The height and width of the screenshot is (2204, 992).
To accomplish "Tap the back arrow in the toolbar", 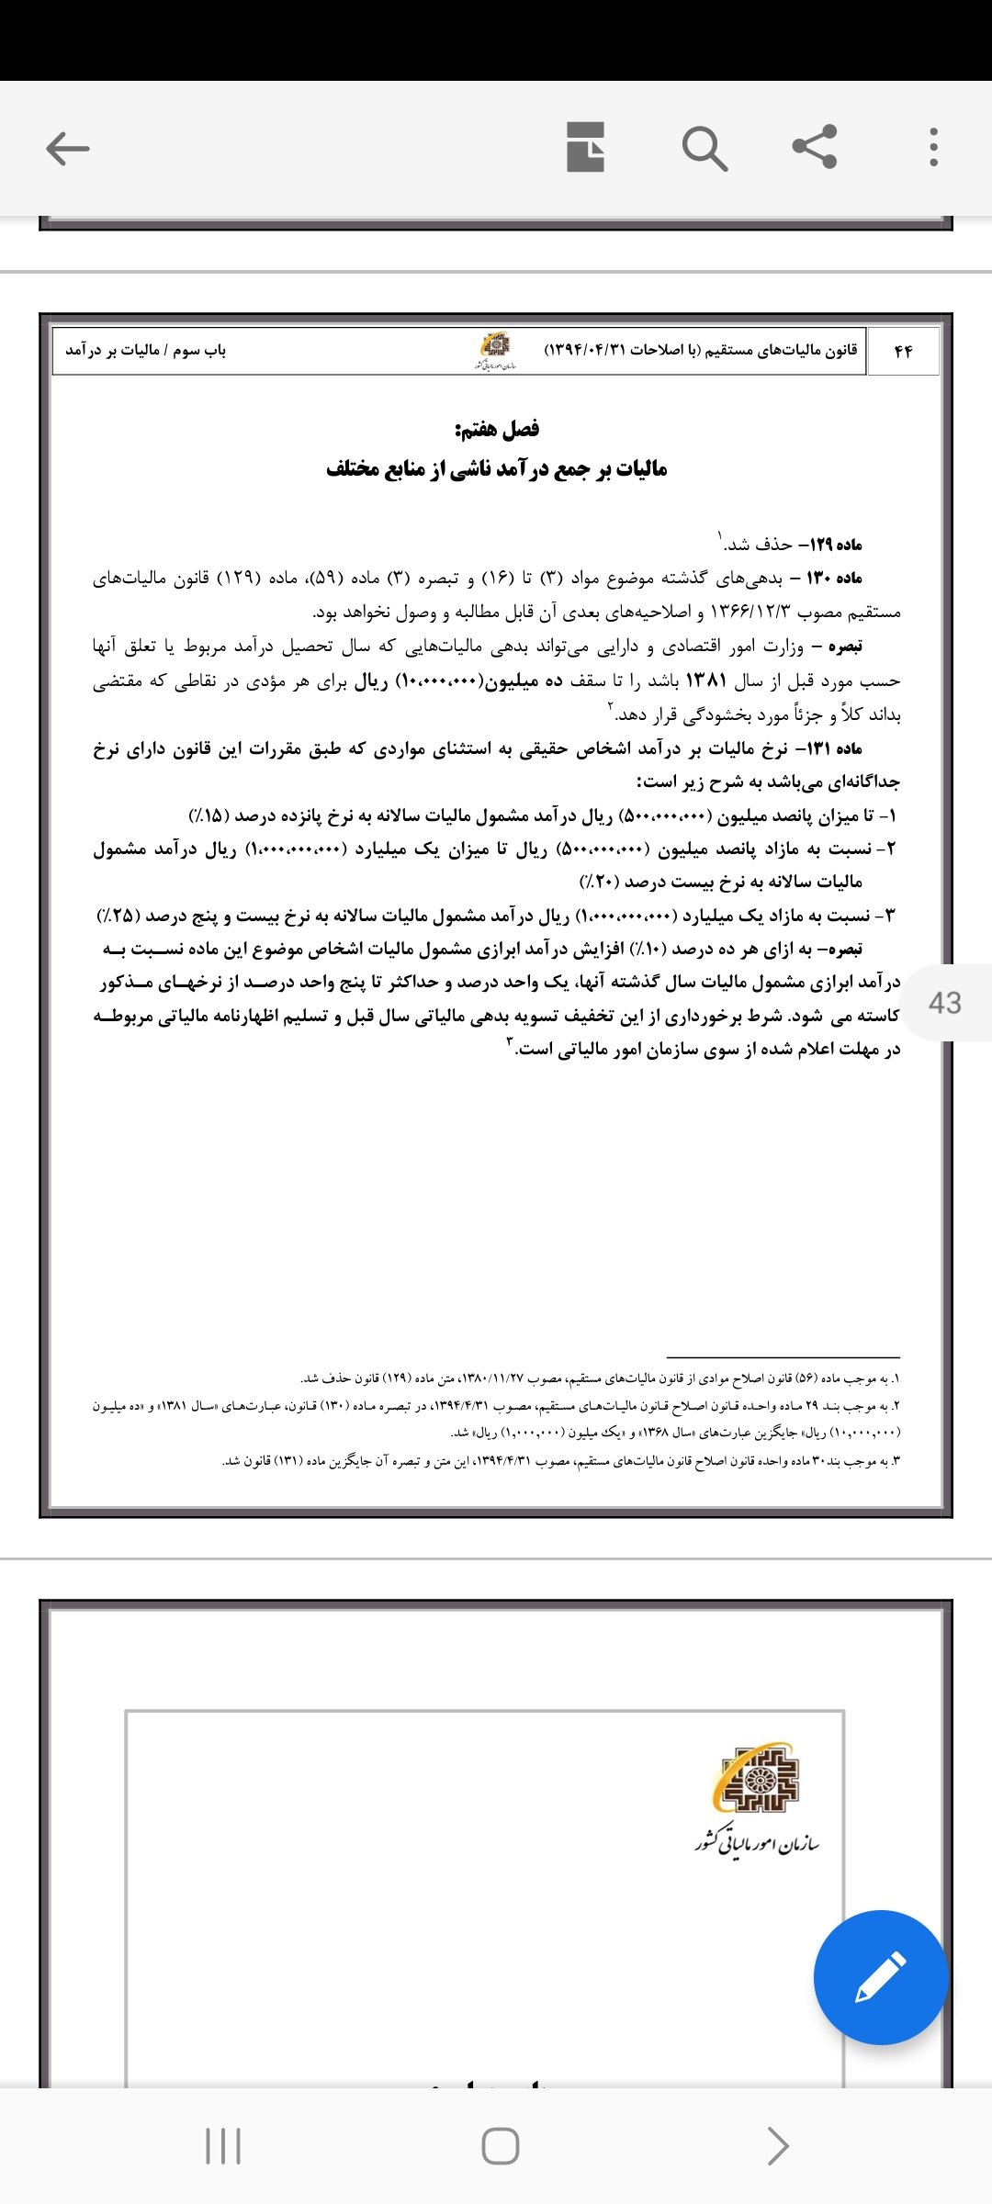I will (68, 148).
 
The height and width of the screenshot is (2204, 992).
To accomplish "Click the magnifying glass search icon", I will (705, 148).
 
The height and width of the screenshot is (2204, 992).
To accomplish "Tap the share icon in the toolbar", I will (815, 146).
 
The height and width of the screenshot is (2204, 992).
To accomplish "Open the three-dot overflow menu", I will (933, 147).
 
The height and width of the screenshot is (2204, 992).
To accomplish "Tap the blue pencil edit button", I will (880, 1977).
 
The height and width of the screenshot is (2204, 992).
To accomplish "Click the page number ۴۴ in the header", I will (903, 351).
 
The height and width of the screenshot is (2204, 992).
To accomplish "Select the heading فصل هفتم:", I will (497, 429).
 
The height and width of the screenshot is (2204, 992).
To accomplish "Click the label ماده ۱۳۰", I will (835, 578).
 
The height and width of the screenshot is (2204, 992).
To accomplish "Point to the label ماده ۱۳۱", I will (835, 748).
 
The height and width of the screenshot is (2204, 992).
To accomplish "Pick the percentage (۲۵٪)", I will (117, 916).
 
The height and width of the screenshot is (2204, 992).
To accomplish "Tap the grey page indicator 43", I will (945, 1002).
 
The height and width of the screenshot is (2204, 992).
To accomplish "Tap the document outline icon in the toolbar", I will (585, 147).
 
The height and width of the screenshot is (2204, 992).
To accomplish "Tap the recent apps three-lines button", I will (223, 2146).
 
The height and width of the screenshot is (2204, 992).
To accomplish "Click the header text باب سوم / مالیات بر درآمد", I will (145, 351).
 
